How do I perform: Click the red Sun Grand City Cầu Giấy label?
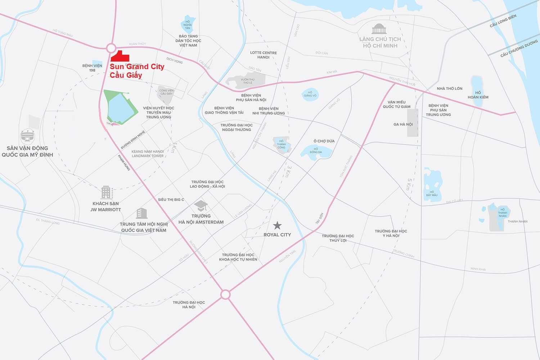pos(137,71)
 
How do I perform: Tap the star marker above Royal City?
pos(277,226)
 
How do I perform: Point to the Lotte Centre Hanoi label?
pos(264,55)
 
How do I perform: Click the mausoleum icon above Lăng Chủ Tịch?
pos(379,29)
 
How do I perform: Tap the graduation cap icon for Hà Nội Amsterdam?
pos(201,206)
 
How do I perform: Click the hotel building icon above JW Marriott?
pos(107,193)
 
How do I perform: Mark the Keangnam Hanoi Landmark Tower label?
pos(148,154)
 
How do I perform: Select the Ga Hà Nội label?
pos(403,125)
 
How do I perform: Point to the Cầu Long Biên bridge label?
pos(503,21)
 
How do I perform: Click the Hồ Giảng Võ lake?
pos(310,94)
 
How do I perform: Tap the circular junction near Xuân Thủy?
pos(111,48)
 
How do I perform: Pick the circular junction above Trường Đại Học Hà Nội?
pos(225,294)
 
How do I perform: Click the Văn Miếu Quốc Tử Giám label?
pos(397,104)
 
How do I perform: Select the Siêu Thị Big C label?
pos(171,200)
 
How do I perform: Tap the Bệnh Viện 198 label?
pos(92,68)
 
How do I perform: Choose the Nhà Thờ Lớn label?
pos(450,89)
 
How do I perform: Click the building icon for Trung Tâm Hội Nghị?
pos(142,213)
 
